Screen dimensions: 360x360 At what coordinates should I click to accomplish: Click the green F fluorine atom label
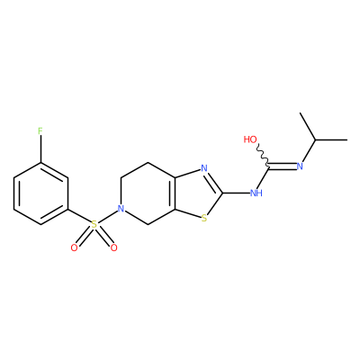40,131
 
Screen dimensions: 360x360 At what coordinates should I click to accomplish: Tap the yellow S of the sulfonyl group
94,224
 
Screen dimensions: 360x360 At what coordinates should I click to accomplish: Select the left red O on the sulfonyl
74,247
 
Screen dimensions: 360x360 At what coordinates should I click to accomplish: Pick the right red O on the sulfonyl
113,247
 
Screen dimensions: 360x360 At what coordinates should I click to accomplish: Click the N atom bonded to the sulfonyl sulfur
121,209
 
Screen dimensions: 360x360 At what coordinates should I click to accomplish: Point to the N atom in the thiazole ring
204,168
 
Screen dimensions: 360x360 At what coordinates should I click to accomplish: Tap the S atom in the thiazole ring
204,218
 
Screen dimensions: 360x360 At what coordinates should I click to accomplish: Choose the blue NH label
256,193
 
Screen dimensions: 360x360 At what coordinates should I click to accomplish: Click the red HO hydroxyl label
250,139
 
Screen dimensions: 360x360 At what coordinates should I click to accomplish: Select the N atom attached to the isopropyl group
300,166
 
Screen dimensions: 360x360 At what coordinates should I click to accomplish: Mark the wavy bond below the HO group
263,155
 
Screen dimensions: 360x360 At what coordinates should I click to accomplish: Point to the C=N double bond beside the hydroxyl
282,165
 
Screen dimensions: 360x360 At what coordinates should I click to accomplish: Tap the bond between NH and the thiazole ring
236,193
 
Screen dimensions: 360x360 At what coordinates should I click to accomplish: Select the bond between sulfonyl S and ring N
107,217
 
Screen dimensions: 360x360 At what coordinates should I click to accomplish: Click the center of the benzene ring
40,193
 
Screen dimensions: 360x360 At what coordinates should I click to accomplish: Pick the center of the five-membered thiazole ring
197,193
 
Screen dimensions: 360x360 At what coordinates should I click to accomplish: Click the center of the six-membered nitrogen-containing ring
148,193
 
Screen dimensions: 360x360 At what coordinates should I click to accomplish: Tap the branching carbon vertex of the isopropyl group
315,139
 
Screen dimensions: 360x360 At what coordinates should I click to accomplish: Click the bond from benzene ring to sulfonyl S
79,216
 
